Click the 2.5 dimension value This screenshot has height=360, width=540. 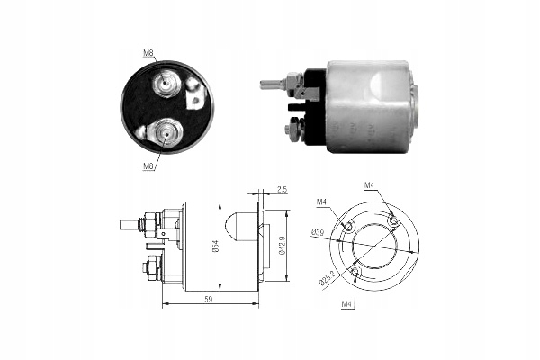[x=281, y=189]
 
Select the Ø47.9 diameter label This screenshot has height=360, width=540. [x=283, y=243]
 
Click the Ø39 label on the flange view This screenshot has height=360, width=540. [x=318, y=233]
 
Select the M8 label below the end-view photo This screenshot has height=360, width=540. [x=148, y=166]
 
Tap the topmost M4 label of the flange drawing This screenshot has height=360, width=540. [x=369, y=186]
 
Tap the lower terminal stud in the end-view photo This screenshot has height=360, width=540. [x=165, y=132]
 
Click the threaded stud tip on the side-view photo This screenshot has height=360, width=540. [x=266, y=85]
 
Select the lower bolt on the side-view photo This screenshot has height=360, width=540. [x=292, y=129]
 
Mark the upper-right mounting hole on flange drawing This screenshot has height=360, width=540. [x=392, y=219]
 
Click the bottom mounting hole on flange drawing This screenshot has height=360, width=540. [x=356, y=272]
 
